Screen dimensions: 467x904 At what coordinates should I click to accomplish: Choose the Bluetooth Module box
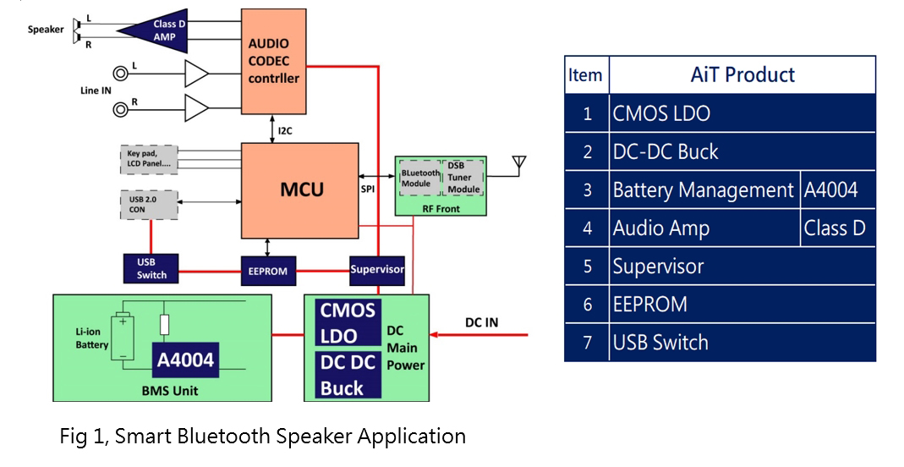coord(420,178)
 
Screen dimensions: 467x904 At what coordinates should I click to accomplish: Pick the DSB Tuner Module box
coord(463,178)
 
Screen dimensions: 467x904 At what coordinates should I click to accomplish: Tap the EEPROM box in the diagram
coord(267,271)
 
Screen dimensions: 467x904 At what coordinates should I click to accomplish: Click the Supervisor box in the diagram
coord(377,270)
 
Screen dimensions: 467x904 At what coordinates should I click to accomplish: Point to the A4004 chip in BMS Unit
coord(185,360)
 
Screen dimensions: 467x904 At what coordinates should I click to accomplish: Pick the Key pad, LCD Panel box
coord(150,157)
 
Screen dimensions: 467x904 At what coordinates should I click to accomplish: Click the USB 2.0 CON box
coord(150,204)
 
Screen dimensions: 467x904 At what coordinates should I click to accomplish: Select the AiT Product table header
coord(742,74)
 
